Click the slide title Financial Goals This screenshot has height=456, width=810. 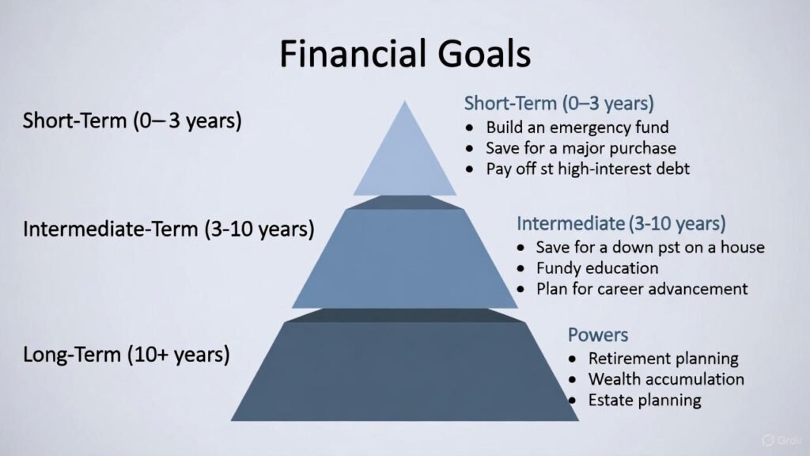pos(404,55)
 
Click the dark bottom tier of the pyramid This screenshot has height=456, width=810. pos(405,372)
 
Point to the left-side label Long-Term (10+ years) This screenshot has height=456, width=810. pos(127,354)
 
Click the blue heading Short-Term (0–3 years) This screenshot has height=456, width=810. pos(559,103)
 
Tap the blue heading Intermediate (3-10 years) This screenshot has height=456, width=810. pos(621,223)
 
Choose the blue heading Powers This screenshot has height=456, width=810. pos(598,335)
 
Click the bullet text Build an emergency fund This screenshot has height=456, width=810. pos(577,127)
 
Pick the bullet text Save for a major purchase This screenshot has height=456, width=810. pos(581,148)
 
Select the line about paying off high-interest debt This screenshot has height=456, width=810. pos(587,169)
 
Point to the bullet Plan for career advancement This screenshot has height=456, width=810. pos(642,288)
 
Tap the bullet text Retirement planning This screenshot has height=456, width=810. pos(663,359)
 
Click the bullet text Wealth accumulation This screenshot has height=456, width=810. pos(666,379)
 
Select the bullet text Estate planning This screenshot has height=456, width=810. pos(645,400)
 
